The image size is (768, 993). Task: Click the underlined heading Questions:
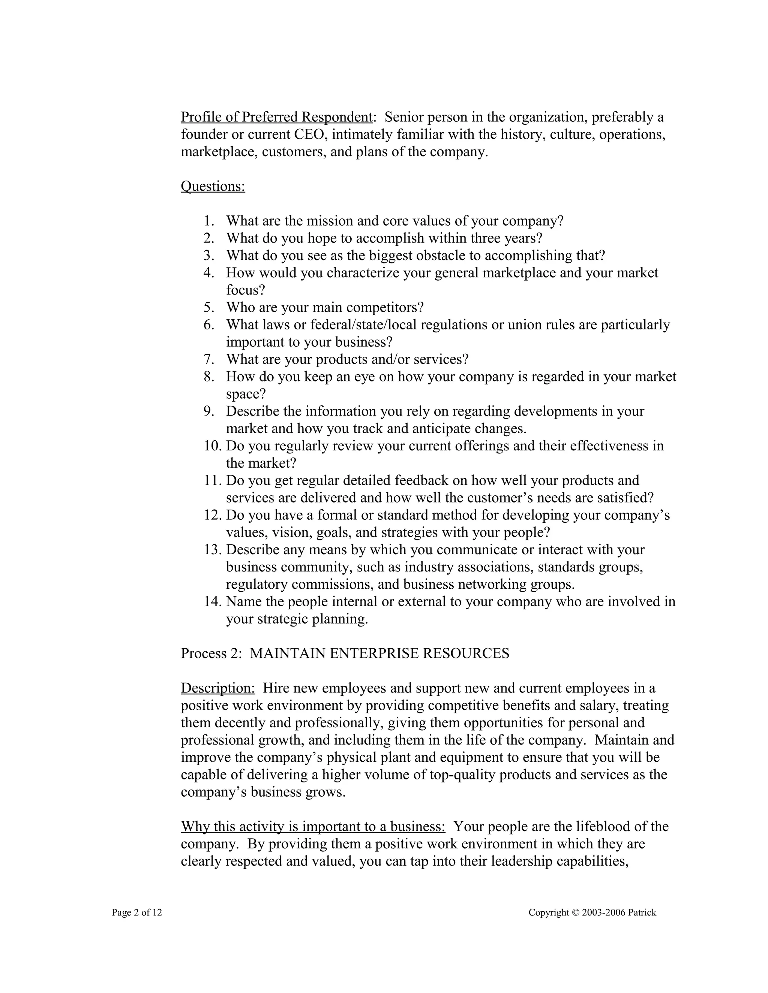(x=213, y=186)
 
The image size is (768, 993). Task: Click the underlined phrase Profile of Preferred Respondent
(x=277, y=117)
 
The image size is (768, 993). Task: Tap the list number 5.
(x=209, y=307)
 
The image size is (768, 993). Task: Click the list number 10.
(x=212, y=446)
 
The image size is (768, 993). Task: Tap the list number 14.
(x=212, y=601)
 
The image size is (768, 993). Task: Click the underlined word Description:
(x=218, y=688)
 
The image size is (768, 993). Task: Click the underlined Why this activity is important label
(x=313, y=826)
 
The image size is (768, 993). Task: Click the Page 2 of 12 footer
(x=137, y=912)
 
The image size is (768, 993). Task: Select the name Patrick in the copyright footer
(x=642, y=912)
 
